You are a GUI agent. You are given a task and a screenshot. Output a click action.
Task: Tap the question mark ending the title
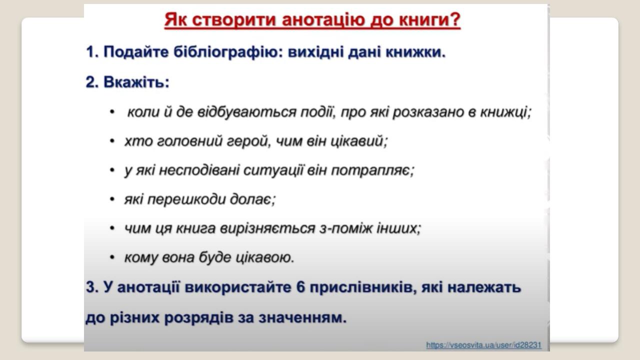point(455,21)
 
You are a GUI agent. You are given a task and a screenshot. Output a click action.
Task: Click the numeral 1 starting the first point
point(90,52)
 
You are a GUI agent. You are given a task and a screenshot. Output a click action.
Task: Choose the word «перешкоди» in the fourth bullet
point(185,199)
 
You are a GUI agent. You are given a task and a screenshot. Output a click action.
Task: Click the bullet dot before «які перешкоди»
point(112,199)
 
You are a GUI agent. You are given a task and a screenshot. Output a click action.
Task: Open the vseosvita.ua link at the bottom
point(483,345)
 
